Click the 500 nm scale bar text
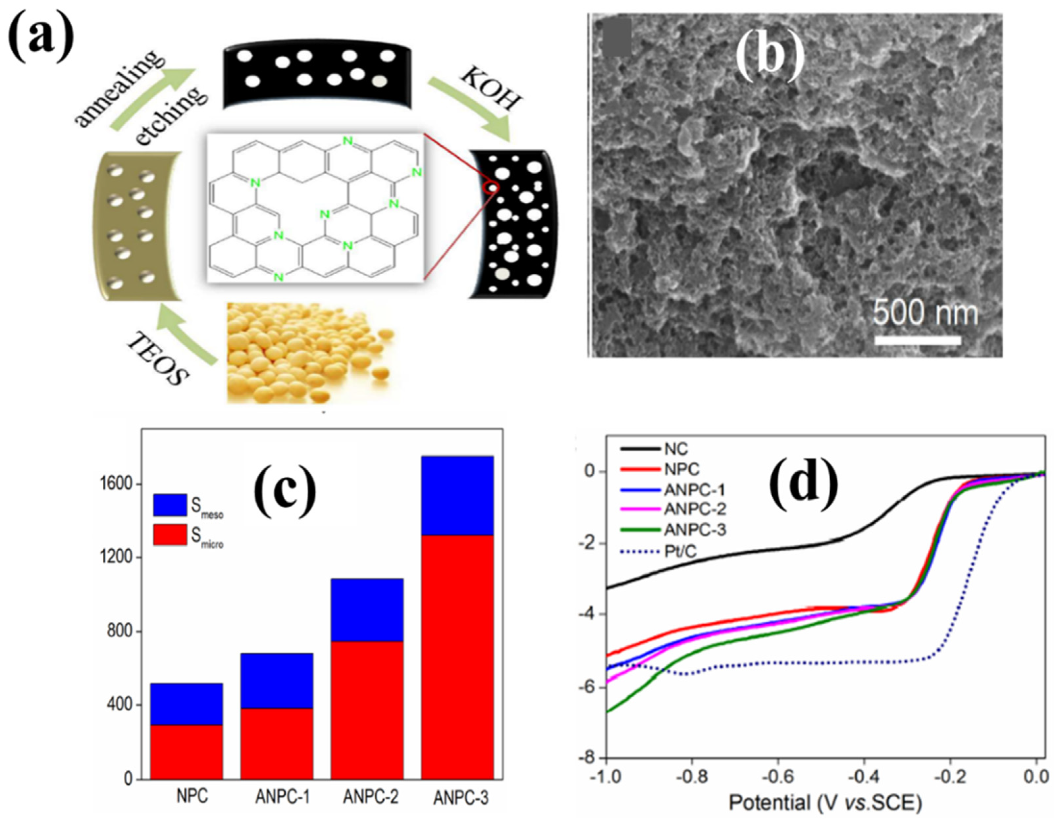[925, 312]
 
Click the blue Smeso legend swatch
[170, 505]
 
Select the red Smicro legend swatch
[170, 535]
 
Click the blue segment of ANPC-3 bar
[457, 495]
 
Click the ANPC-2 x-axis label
[371, 797]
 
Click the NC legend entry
[675, 449]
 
